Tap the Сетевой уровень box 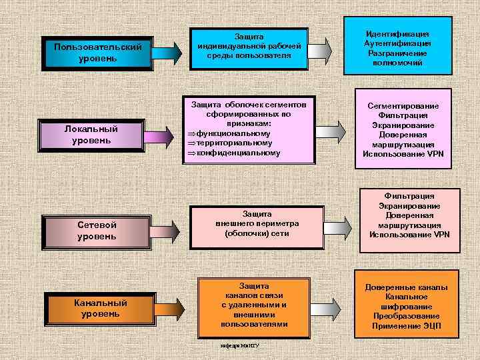(x=97, y=231)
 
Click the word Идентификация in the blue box (x=398, y=33)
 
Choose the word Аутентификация (x=398, y=43)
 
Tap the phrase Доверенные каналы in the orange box (x=406, y=287)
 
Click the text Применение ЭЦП (x=406, y=326)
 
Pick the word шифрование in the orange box (x=406, y=307)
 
